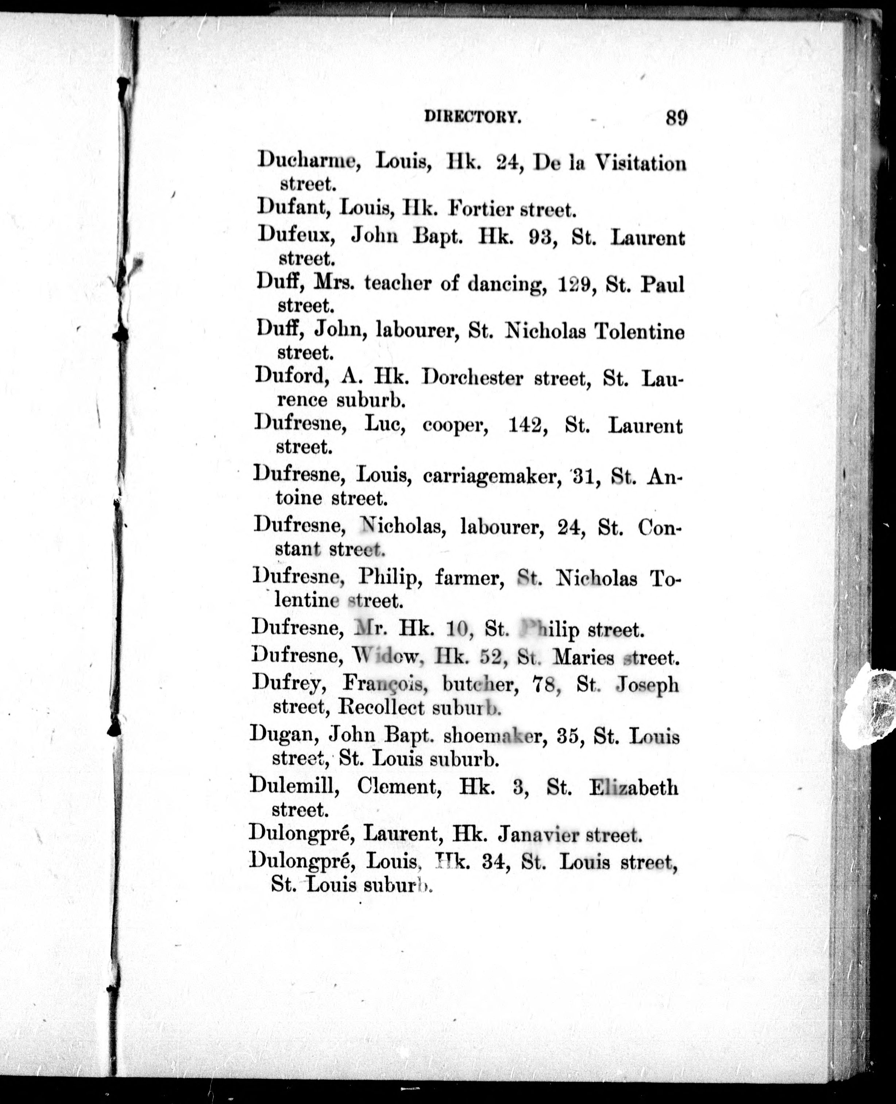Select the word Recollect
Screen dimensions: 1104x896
(381, 708)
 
